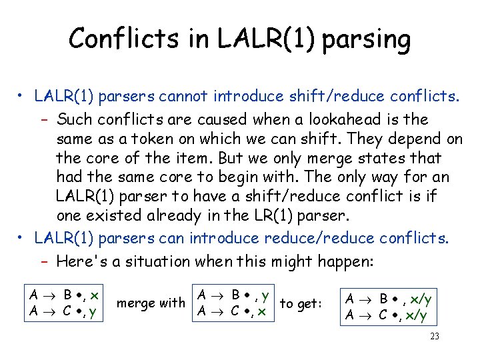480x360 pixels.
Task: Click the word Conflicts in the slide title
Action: [x=117, y=39]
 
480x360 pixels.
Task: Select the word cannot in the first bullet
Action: [x=208, y=96]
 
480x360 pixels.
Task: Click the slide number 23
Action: [x=434, y=336]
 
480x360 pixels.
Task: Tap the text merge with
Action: [x=151, y=303]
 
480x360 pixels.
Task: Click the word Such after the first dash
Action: [x=75, y=120]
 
